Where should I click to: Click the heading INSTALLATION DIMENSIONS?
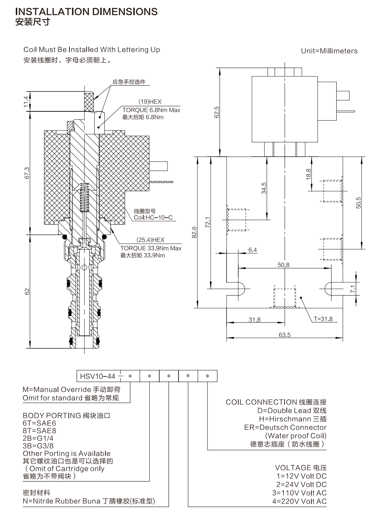click(86, 11)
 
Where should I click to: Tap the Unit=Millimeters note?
click(329, 51)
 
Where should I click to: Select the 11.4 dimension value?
click(26, 101)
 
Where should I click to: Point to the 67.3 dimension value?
click(27, 173)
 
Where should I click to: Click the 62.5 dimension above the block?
click(217, 112)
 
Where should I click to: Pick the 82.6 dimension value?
click(194, 232)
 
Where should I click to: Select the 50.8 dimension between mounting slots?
click(283, 265)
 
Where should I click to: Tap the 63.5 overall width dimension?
click(285, 335)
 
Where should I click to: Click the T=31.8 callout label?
click(323, 319)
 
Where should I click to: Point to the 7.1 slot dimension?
click(353, 289)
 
